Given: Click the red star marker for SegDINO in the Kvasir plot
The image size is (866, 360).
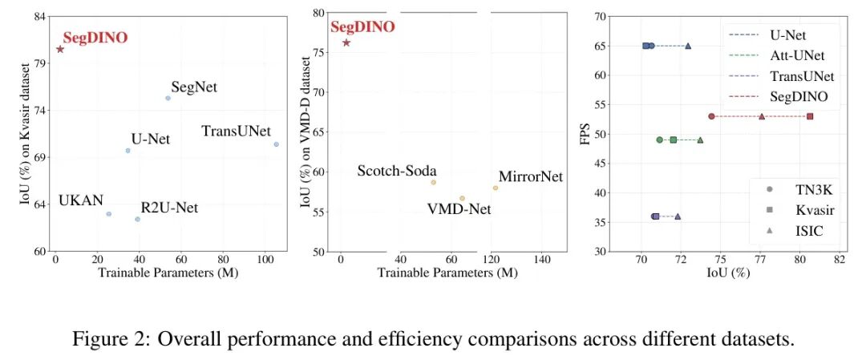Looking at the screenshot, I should [x=60, y=49].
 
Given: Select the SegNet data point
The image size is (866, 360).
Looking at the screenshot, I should [x=168, y=98].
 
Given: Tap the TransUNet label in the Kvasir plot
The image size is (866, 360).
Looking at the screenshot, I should [x=236, y=131].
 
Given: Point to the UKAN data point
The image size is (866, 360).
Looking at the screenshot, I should [x=109, y=213].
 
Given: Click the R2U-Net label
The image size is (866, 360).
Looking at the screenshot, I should [x=169, y=208].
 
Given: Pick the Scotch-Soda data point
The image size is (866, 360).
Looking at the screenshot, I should [x=433, y=182].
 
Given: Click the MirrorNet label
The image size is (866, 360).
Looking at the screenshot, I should [x=531, y=176].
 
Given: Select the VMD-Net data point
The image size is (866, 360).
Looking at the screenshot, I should [x=462, y=198].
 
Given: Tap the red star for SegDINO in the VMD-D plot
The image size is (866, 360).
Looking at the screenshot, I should [x=346, y=42].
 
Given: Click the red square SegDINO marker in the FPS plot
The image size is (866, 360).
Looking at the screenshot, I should [x=810, y=116].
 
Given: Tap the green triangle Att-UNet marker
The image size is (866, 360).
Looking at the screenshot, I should [x=700, y=140].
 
